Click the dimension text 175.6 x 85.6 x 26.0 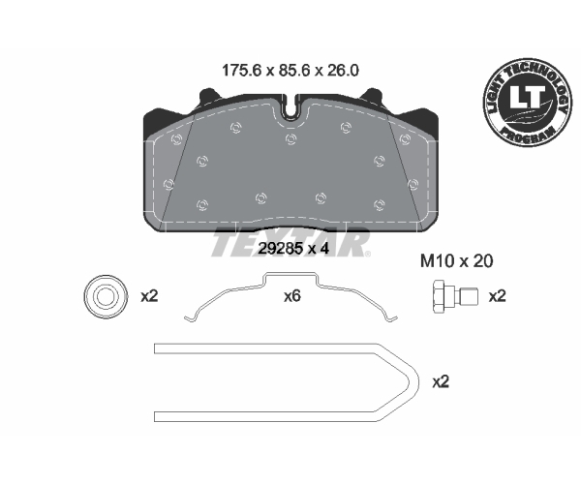coord(290,71)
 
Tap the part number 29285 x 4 coord(293,249)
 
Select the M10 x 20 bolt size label coord(456,261)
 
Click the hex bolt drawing coord(455,296)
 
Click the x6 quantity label coord(292,296)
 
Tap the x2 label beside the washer coord(149,296)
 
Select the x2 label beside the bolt coord(497,296)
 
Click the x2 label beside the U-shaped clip coord(441,381)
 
